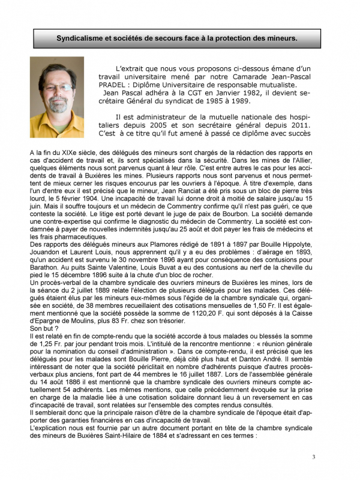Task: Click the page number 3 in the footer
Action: [x=313, y=458]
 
